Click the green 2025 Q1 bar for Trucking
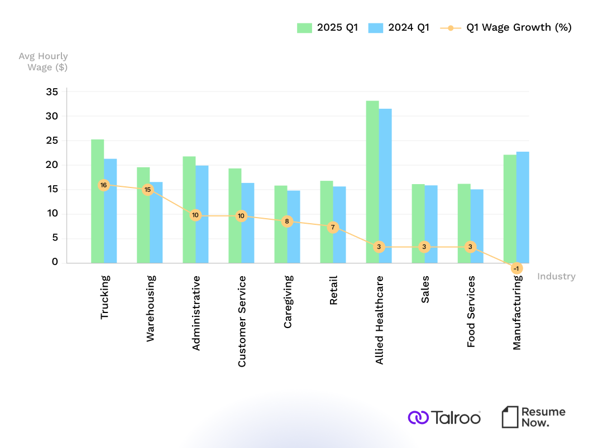pyautogui.click(x=98, y=201)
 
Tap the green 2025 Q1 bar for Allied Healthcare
pyautogui.click(x=372, y=182)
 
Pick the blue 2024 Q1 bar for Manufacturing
pyautogui.click(x=523, y=207)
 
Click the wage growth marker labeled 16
pyautogui.click(x=103, y=185)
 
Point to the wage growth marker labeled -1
pyautogui.click(x=516, y=268)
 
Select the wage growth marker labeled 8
pyautogui.click(x=287, y=221)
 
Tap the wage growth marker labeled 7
pyautogui.click(x=333, y=227)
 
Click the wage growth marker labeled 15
pyautogui.click(x=147, y=190)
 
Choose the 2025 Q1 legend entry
pyautogui.click(x=327, y=27)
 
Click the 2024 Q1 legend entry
pyautogui.click(x=399, y=27)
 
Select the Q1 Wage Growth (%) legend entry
pyautogui.click(x=506, y=27)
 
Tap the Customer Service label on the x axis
pyautogui.click(x=242, y=321)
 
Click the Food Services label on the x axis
pyautogui.click(x=471, y=311)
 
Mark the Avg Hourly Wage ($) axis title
pyautogui.click(x=44, y=61)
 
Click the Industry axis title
pyautogui.click(x=556, y=276)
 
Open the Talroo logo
pyautogui.click(x=444, y=417)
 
